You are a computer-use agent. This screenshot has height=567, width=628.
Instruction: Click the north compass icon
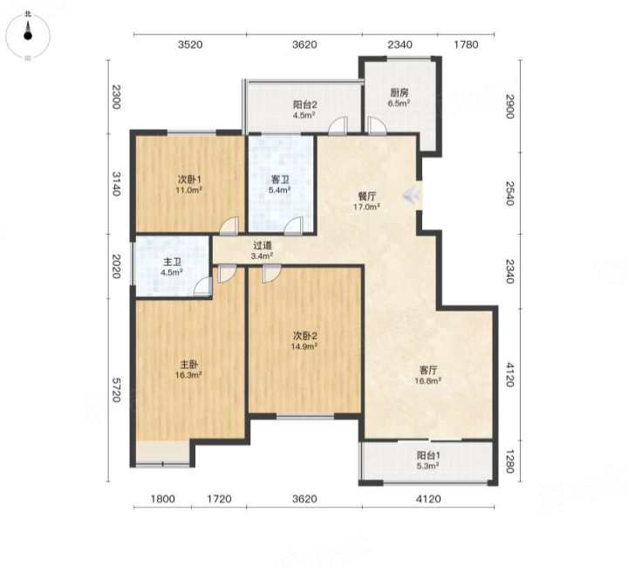tap(28, 36)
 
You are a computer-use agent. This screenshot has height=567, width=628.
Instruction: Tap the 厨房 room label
tap(399, 92)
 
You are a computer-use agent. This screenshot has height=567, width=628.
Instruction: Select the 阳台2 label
tap(304, 105)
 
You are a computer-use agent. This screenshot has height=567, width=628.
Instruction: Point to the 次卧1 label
tap(188, 180)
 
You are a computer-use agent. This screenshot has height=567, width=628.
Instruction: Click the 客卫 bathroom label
tap(280, 180)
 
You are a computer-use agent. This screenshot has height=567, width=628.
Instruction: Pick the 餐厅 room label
tap(366, 196)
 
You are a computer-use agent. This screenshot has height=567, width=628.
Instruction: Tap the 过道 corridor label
tap(263, 245)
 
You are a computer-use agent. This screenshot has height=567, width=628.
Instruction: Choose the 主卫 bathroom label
tap(172, 263)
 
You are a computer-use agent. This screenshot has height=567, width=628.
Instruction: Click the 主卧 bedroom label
tap(188, 365)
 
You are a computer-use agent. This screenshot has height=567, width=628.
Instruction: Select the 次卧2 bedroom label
tap(304, 336)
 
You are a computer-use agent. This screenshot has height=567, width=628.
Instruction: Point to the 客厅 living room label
tap(428, 370)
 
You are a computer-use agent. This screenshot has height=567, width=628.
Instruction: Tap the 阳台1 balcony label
tap(428, 455)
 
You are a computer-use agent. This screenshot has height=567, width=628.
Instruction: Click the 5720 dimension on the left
tap(116, 390)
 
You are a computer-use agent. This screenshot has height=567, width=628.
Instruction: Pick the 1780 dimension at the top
tap(466, 44)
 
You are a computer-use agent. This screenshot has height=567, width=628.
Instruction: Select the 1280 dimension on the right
tap(509, 461)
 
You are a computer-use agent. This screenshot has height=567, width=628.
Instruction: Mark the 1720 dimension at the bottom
tap(219, 499)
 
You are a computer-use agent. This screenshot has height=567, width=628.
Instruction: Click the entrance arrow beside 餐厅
tap(412, 195)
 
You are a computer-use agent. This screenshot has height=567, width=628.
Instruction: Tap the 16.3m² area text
tap(188, 375)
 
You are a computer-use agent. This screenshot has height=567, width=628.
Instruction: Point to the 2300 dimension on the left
tap(116, 97)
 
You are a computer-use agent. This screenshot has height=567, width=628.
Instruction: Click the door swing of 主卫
tap(203, 287)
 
